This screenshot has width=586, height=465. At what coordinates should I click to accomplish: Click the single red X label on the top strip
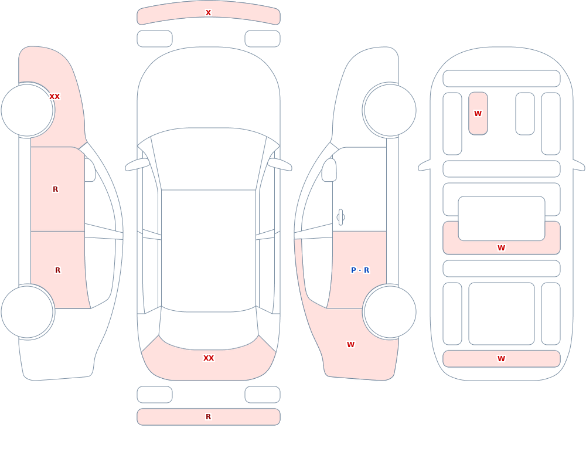click(209, 13)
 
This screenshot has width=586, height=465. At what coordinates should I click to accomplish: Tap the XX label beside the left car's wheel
click(54, 97)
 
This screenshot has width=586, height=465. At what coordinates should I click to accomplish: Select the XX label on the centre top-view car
click(209, 358)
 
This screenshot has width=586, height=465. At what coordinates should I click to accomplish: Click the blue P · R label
click(360, 270)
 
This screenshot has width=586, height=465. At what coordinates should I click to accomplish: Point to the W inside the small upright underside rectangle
click(478, 113)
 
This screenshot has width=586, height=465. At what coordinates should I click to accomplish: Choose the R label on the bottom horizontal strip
click(209, 417)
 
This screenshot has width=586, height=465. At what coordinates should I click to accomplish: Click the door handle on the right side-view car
click(340, 218)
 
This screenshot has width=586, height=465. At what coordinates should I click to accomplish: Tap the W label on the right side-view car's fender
click(350, 345)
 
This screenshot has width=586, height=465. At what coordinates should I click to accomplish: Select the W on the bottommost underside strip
click(502, 358)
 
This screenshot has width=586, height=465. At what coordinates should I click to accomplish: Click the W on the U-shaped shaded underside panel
click(502, 247)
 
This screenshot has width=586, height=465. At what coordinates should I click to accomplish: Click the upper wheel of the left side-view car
click(28, 110)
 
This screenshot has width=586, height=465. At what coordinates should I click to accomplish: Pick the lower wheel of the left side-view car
click(28, 312)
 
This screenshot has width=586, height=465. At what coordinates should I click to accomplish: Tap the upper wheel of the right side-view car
click(390, 110)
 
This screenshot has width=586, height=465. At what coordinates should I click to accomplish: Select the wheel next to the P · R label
click(390, 312)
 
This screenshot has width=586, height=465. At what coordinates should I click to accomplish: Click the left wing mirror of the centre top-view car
click(137, 165)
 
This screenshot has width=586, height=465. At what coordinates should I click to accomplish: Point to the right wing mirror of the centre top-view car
click(280, 165)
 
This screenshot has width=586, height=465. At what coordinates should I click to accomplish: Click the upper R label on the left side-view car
click(55, 189)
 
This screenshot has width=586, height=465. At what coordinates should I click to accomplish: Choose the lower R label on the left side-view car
click(57, 270)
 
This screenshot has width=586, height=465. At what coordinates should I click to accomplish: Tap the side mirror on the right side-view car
click(329, 170)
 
